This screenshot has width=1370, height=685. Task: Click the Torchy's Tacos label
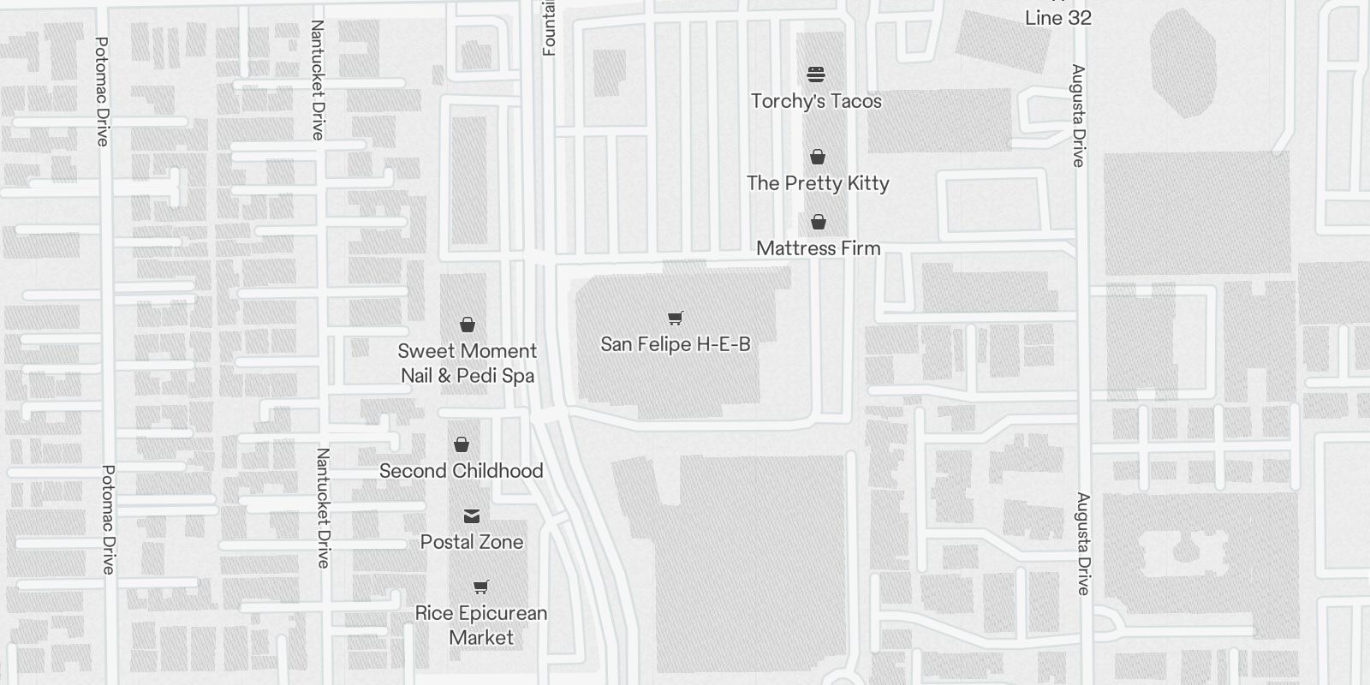(x=816, y=101)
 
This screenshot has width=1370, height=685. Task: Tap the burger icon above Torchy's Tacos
(x=816, y=74)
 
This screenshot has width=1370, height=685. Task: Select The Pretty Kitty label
(x=818, y=183)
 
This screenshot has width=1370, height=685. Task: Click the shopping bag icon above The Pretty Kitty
(x=818, y=157)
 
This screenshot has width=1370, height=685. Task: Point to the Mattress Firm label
(x=818, y=248)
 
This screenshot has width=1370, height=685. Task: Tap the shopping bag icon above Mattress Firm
(x=819, y=223)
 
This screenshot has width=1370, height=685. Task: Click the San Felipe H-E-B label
(x=675, y=344)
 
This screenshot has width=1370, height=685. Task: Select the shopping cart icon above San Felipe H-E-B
(x=675, y=319)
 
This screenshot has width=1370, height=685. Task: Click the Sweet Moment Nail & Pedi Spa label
(x=468, y=363)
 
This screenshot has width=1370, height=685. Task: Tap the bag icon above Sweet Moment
(x=468, y=325)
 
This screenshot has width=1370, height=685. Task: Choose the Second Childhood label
(x=461, y=471)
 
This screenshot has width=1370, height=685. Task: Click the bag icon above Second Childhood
(x=462, y=444)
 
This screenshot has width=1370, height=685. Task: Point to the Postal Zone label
(x=472, y=542)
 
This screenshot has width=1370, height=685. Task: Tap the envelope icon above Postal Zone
(x=472, y=516)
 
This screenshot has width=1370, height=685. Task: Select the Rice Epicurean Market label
(x=480, y=625)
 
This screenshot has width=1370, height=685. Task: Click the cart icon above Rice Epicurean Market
(x=480, y=587)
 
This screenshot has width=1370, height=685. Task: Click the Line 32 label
(x=1057, y=18)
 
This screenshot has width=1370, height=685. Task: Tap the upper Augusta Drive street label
(x=1078, y=116)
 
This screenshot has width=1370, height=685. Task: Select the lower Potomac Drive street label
(x=108, y=520)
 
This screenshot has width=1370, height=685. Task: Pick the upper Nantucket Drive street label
(x=318, y=80)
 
